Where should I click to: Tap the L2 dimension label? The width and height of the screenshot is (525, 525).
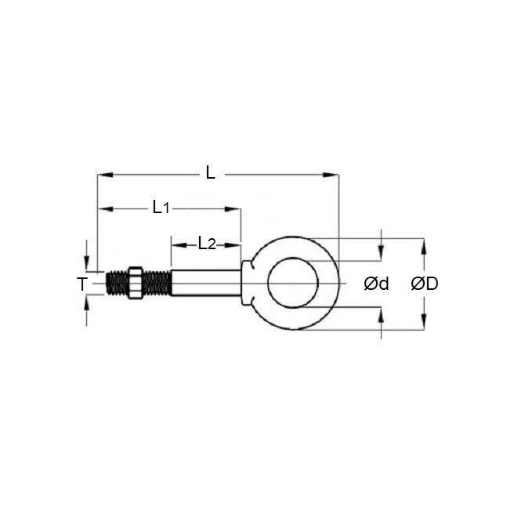(x=206, y=244)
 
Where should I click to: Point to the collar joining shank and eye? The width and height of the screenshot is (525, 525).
(x=247, y=282)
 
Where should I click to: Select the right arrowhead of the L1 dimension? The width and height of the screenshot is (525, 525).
(x=234, y=209)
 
